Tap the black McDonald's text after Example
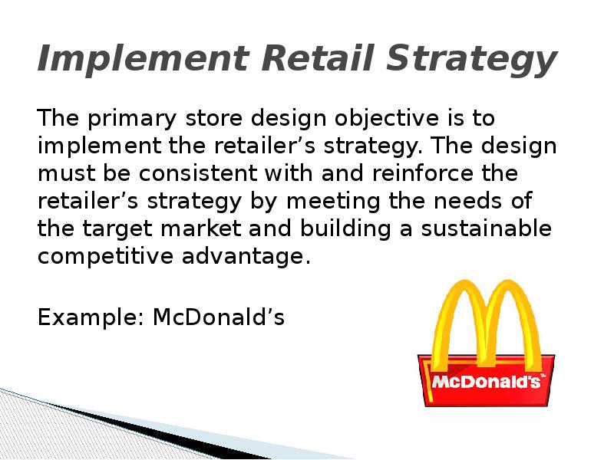[x=219, y=317]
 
